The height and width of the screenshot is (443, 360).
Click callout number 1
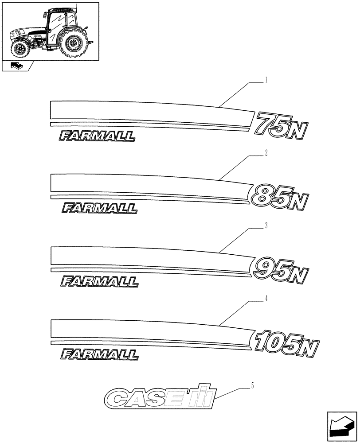point(266,81)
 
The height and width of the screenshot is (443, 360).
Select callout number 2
point(266,153)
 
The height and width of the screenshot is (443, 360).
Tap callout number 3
point(266,226)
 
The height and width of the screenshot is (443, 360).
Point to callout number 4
point(266,299)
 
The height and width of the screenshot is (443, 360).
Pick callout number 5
point(253,386)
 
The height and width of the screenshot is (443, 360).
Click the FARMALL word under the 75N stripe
point(97,136)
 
